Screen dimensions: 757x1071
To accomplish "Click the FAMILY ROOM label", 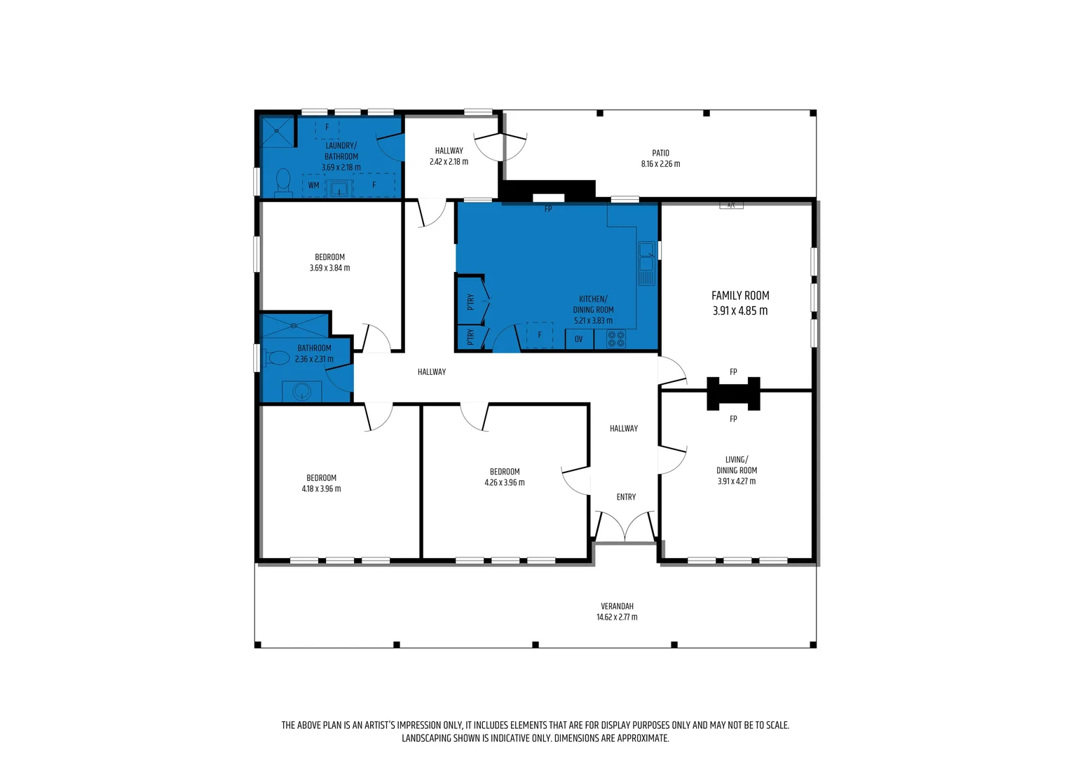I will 740,296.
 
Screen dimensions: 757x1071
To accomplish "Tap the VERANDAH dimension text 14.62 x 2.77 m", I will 617,618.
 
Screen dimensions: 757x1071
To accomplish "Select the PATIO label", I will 660,153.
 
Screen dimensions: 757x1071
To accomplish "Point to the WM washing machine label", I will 313,186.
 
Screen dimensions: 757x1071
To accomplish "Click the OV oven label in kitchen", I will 578,339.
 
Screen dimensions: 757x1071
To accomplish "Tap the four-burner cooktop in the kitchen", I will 616,339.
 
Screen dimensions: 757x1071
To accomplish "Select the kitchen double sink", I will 646,263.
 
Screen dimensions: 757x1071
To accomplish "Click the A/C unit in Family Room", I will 731,205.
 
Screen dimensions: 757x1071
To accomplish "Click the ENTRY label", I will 626,497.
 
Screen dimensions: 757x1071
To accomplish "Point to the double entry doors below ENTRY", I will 625,527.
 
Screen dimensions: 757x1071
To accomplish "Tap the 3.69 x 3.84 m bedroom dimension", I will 329,268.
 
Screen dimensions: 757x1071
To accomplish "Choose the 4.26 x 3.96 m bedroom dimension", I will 504,482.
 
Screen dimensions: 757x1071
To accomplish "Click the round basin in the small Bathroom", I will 302,391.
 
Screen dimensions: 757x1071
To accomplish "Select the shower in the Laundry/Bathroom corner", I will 278,131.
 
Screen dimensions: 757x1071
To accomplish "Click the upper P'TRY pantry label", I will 470,301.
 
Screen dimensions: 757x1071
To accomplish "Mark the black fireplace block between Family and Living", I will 733,393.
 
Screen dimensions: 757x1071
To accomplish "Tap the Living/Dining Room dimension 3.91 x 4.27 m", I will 736,482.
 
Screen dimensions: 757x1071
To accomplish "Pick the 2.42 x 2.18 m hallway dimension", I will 449,162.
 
